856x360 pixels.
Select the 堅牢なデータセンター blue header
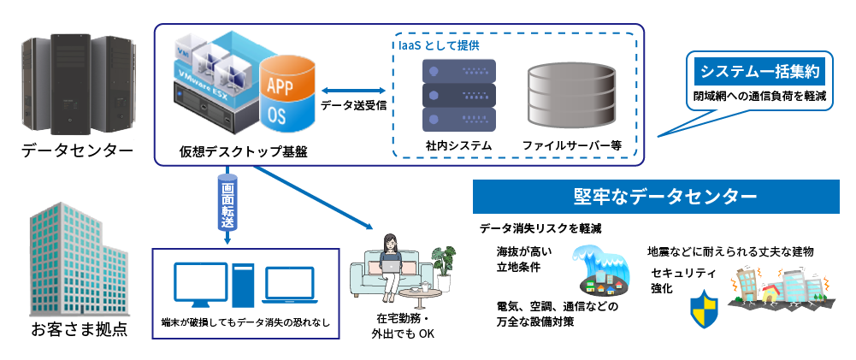click(664, 197)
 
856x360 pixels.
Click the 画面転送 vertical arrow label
click(227, 205)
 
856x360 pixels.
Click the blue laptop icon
click(292, 286)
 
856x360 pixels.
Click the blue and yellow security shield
click(703, 310)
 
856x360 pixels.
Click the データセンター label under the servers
click(78, 150)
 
